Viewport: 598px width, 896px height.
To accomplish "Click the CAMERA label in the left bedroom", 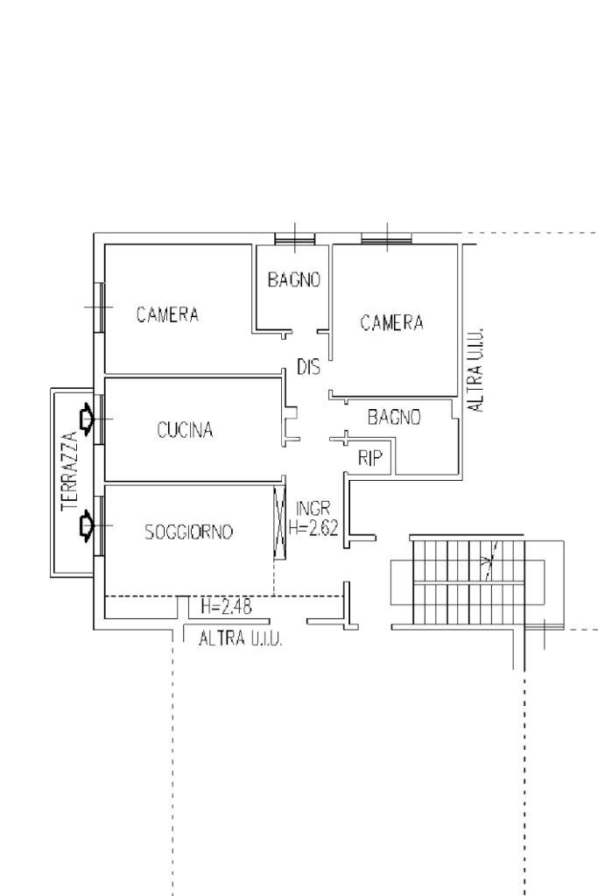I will tap(167, 314).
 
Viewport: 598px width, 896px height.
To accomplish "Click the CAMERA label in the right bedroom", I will tap(391, 323).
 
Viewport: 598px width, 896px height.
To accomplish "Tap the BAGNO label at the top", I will tap(293, 280).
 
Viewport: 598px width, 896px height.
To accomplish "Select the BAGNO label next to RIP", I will tap(394, 418).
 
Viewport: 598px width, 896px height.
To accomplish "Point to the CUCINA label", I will tap(185, 430).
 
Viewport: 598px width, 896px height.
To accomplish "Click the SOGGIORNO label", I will tap(189, 532).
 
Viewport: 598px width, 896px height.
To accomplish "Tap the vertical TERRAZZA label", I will tap(70, 472).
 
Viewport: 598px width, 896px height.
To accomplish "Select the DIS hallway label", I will tap(308, 368).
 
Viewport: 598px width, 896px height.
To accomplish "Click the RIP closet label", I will tap(371, 458).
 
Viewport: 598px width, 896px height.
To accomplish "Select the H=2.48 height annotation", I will tap(226, 606).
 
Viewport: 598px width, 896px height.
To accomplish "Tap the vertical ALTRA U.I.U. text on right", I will tap(475, 370).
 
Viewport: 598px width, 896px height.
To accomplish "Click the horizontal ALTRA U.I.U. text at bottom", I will tap(241, 639).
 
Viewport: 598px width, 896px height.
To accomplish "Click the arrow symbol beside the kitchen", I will tap(87, 420).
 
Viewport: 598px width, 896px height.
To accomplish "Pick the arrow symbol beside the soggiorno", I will tap(87, 526).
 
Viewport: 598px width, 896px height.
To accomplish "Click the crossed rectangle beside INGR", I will tap(280, 523).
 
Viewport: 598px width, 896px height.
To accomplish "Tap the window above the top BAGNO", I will tap(295, 238).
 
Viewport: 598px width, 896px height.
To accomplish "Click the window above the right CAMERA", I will tap(387, 237).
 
